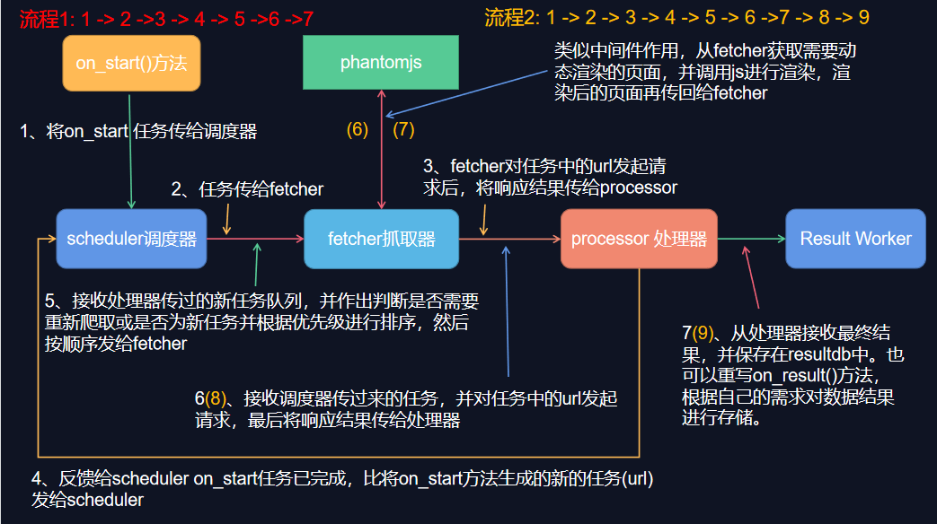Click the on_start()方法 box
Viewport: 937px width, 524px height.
point(131,63)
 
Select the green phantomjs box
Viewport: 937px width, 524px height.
point(381,63)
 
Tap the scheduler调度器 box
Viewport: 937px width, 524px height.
point(131,239)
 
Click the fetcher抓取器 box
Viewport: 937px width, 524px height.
point(381,239)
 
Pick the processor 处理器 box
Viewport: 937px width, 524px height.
point(639,239)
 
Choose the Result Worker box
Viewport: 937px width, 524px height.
point(854,239)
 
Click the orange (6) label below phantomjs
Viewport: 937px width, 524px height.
point(358,129)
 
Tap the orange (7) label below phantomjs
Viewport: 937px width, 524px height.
point(403,129)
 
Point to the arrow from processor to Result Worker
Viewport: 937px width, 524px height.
point(751,239)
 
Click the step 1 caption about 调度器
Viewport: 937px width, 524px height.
point(138,132)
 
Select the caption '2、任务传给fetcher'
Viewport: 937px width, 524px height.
point(247,189)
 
